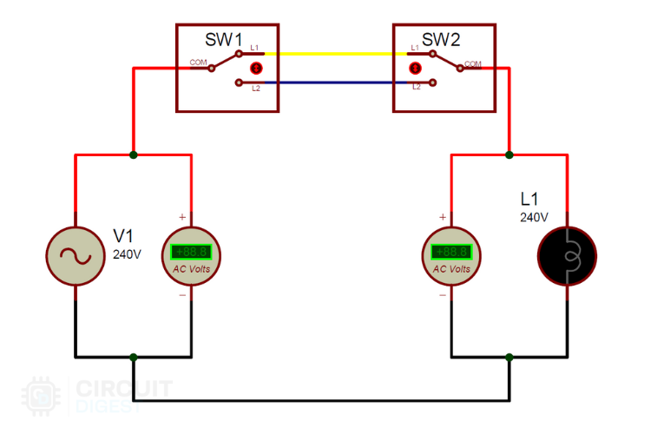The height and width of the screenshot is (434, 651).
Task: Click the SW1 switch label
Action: [x=224, y=40]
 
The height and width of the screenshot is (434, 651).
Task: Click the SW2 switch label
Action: [x=440, y=40]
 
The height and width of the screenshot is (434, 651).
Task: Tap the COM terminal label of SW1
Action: [x=197, y=62]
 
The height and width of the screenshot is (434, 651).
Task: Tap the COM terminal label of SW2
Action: [x=473, y=63]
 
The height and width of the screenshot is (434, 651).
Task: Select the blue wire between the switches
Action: [x=335, y=83]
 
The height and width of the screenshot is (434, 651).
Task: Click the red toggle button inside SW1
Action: [x=256, y=68]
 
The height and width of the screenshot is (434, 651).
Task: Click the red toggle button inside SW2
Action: [x=415, y=68]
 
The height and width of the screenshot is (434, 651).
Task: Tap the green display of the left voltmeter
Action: [x=191, y=252]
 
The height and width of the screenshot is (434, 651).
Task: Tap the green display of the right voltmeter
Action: [x=451, y=252]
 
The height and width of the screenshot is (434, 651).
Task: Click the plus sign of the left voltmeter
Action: [x=181, y=217]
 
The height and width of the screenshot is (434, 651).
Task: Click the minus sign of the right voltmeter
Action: [x=443, y=295]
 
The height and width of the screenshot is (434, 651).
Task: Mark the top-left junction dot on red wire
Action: [x=133, y=155]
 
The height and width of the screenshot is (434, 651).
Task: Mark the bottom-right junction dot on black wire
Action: [x=510, y=357]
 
